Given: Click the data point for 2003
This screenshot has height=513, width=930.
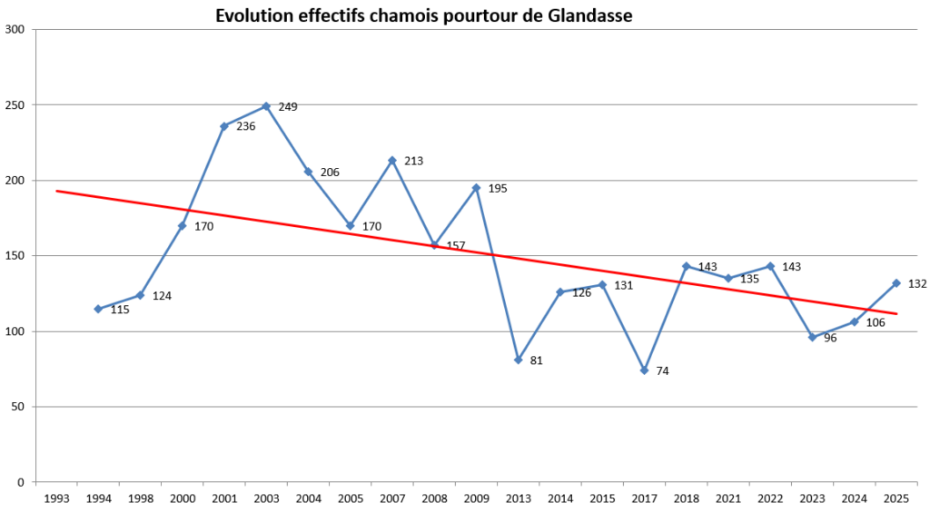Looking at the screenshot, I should pos(266,106).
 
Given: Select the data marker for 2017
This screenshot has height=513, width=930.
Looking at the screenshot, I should pos(644,370).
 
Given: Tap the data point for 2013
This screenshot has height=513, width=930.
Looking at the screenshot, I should pos(518,360).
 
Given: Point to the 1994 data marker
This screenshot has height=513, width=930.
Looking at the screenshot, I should pos(98,309).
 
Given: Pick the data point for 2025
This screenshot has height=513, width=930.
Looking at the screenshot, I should pos(896,282).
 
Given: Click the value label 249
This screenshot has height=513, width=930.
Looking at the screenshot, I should pos(288,107).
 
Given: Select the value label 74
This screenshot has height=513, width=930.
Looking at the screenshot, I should pos(661,371).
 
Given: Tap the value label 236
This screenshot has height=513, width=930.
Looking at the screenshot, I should pos(245,126).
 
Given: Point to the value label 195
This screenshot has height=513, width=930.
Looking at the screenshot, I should pos(498,189).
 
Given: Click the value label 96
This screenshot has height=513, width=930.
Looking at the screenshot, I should pos(830,338).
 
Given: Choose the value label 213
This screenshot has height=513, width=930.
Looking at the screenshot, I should pos(413,162).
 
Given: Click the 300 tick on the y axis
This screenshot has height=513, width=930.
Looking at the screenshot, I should pos(15,30).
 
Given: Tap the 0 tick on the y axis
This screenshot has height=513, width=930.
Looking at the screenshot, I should pos(22,482).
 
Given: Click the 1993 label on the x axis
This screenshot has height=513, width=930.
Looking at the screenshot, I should pos(56,498).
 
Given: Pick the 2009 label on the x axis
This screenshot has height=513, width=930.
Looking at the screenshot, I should pos(476,498).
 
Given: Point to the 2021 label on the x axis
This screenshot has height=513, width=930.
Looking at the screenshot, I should pos(728,498).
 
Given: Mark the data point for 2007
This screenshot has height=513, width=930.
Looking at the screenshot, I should pos(392,161).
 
